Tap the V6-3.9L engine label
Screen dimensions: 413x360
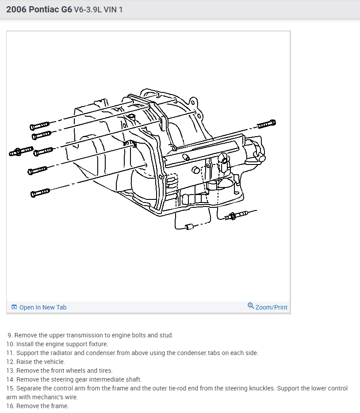(89, 9)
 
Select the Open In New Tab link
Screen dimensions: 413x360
(42, 307)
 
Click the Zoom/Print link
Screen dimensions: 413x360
(271, 307)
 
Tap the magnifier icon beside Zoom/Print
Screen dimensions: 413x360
(251, 306)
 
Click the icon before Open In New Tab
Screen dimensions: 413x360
(14, 307)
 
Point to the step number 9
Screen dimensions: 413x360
(10, 335)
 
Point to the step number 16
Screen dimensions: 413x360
(10, 406)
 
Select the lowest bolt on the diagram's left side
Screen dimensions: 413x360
(40, 193)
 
